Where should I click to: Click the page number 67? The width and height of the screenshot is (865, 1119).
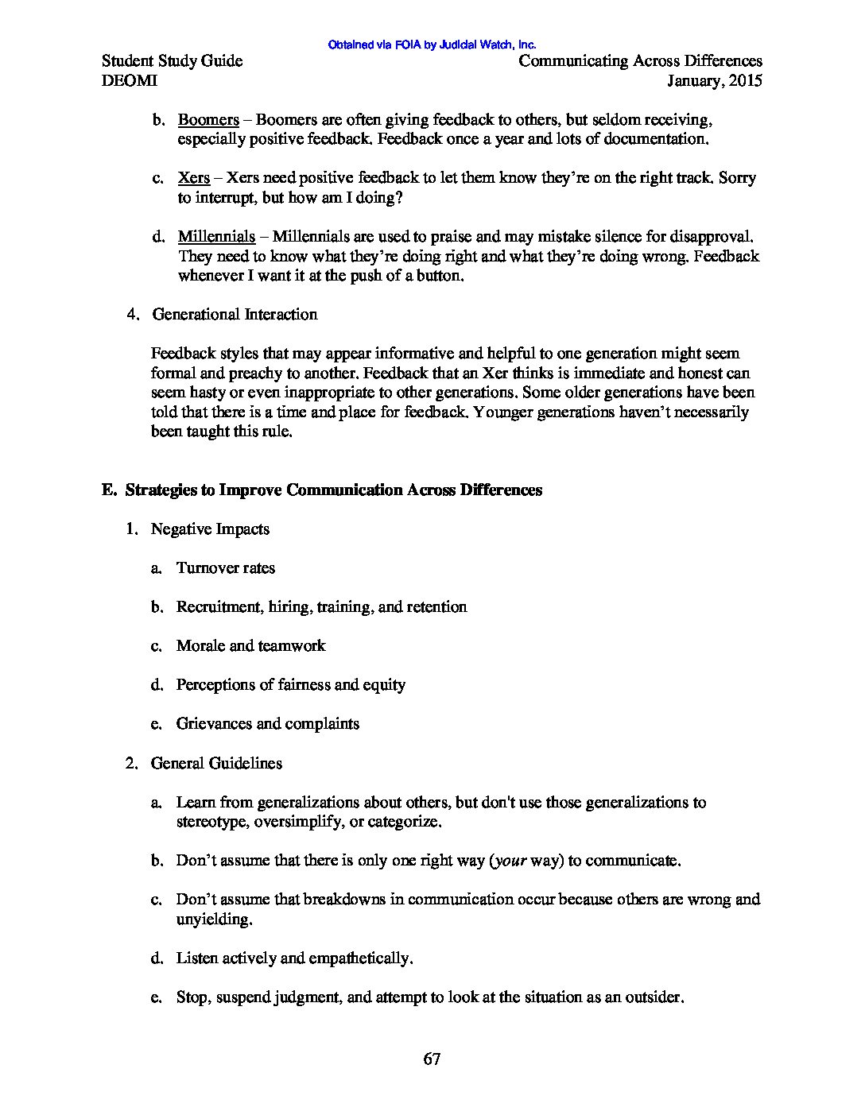pos(432,1059)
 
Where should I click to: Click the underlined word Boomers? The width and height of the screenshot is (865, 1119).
pos(208,120)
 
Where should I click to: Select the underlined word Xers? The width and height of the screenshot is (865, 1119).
pos(194,178)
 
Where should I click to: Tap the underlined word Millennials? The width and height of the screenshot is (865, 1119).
pos(216,237)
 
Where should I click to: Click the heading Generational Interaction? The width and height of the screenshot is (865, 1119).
pos(235,315)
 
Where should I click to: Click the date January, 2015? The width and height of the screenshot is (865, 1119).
pos(715,81)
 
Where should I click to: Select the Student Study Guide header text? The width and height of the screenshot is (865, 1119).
pos(173,61)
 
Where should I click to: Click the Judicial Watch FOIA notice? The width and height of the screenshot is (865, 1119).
pos(432,45)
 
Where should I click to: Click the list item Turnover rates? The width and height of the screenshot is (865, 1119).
pos(226,568)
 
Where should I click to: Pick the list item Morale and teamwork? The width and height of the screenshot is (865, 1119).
pos(250,646)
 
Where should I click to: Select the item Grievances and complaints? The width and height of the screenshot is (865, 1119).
pos(268,724)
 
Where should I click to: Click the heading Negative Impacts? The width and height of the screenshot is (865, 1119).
pos(210,529)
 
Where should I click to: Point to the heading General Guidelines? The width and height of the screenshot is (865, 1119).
pos(216,764)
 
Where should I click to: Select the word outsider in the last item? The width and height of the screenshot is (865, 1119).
pos(651,997)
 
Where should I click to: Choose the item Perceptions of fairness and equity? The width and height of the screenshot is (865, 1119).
pos(290,685)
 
